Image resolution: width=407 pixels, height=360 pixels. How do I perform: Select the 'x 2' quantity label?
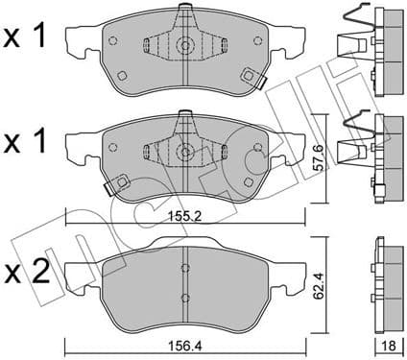[x=27, y=275]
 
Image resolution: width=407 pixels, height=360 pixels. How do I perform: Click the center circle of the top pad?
[x=183, y=44]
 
